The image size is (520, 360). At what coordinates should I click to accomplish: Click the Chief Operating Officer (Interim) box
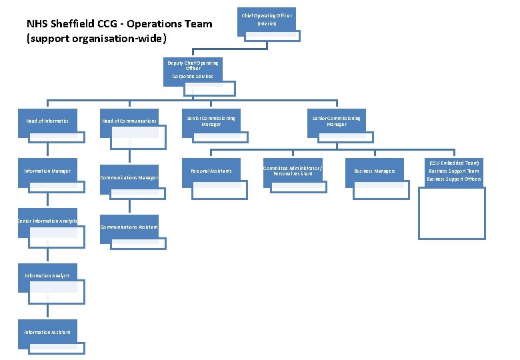tap(267, 19)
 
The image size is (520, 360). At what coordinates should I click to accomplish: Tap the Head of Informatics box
tap(47, 121)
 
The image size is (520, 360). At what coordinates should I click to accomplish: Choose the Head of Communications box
tap(129, 121)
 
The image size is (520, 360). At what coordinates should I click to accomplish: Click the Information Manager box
tap(47, 171)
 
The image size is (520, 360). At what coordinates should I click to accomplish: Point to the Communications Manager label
tap(129, 177)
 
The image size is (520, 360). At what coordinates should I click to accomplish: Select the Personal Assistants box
tap(211, 171)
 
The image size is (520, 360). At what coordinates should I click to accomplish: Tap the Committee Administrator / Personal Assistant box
tap(293, 171)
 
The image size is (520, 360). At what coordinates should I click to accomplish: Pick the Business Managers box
tap(374, 171)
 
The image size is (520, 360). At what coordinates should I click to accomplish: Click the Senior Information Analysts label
tap(47, 221)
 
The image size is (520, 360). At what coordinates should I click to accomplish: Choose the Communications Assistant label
tap(129, 227)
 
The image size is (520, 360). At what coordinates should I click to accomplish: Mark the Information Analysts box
tap(47, 275)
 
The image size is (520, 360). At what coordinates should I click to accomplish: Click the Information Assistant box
tap(47, 332)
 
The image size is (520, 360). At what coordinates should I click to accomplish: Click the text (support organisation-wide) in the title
tap(97, 38)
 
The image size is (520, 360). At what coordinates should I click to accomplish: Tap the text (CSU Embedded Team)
tap(454, 163)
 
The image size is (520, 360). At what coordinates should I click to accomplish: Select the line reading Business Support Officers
tap(454, 179)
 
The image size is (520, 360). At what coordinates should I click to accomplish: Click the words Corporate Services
tap(193, 76)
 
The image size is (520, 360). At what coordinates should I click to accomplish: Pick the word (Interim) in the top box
tap(267, 23)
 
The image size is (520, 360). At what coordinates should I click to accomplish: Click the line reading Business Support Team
tap(454, 171)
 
